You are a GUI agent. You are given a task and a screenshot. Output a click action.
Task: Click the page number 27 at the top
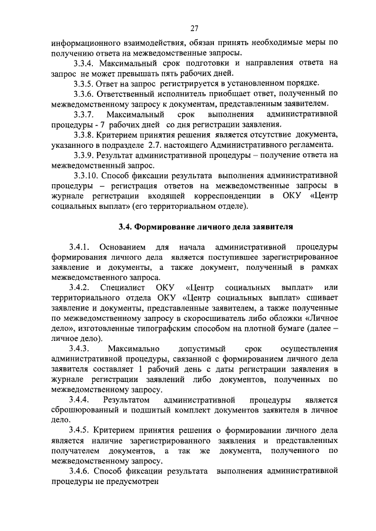coord(194,27)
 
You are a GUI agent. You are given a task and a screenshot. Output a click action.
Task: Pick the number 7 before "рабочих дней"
coord(99,124)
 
